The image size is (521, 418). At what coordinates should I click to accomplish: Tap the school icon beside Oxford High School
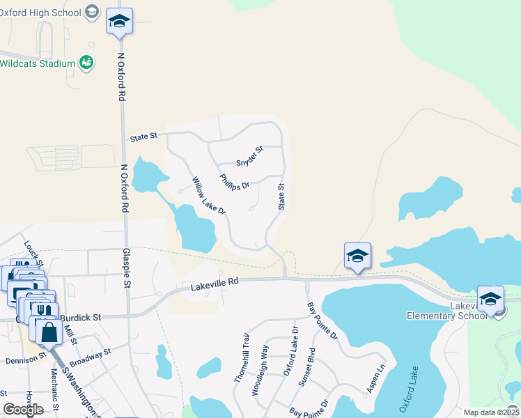tap(91, 12)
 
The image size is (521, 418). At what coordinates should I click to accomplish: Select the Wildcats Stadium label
tap(38, 63)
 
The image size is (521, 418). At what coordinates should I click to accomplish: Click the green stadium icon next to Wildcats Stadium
tap(86, 63)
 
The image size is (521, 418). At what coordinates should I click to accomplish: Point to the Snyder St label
tap(249, 155)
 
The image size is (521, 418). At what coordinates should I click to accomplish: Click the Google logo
tap(24, 410)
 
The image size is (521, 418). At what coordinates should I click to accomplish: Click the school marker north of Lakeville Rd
tap(357, 256)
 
